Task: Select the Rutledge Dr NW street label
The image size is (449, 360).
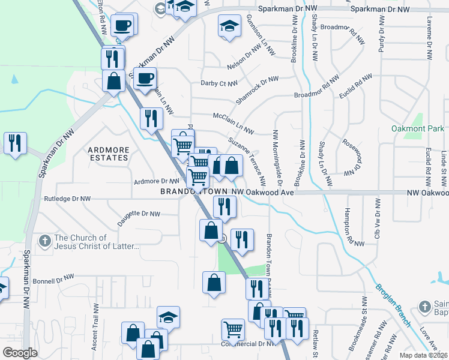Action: tap(67, 198)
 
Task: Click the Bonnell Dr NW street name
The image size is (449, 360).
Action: tap(53, 280)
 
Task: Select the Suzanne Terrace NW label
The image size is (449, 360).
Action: tap(247, 160)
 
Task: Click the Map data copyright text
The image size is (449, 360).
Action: tap(424, 355)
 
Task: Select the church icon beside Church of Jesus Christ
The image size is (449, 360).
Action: tap(44, 242)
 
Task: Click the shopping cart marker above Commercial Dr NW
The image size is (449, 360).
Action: tap(233, 328)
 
